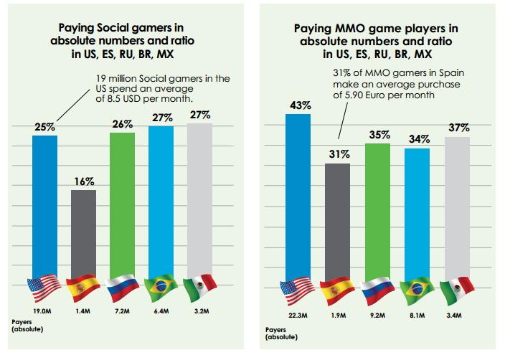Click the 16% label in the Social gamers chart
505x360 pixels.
84,182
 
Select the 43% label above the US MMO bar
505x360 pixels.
299,105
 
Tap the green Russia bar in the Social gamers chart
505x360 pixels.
122,201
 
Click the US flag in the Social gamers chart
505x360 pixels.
44,288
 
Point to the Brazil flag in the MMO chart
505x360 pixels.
417,289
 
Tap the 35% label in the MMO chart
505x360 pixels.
378,135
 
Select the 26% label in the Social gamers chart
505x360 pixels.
122,124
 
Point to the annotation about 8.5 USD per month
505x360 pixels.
165,89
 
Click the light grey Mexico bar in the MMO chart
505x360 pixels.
456,208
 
